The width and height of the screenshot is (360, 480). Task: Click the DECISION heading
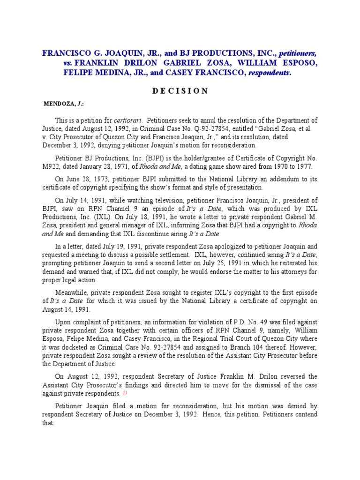point(180,90)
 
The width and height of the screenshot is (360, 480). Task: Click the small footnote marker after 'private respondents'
point(124,392)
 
